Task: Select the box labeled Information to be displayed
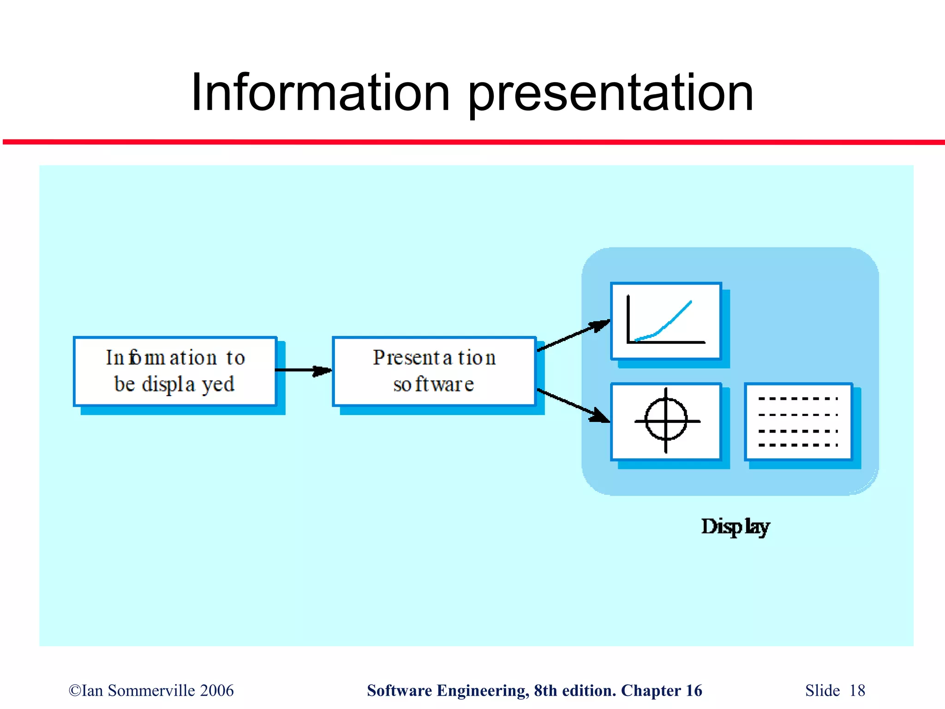point(175,371)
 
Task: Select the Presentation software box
point(434,371)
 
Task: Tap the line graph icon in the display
point(665,321)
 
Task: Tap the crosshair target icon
point(665,421)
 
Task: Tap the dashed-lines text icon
point(798,421)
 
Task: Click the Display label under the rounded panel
point(735,527)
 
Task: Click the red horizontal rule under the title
point(472,142)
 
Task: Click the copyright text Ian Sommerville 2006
point(151,691)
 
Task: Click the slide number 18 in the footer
point(857,691)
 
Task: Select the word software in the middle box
point(434,385)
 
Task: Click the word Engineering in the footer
point(483,691)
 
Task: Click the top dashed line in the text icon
point(798,398)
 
